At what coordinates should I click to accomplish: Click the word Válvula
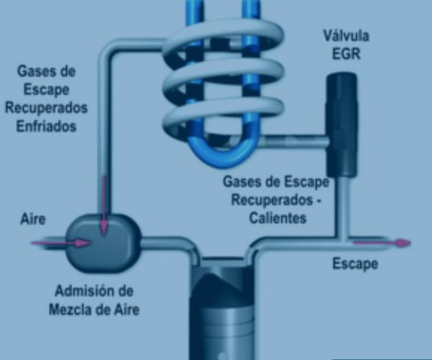point(346,36)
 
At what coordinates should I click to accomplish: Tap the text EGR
point(346,53)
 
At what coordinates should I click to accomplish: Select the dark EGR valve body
point(342,125)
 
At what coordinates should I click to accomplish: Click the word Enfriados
point(46,127)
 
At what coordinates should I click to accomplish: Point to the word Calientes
point(278,218)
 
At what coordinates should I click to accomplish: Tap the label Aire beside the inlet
point(33,219)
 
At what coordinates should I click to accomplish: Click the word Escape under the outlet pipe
point(356,264)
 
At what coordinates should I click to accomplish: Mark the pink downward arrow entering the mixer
point(104,205)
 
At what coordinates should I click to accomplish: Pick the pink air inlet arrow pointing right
point(60,243)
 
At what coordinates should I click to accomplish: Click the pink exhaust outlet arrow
point(382,243)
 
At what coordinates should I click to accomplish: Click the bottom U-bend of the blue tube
point(224,155)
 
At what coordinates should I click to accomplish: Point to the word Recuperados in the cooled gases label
point(46,108)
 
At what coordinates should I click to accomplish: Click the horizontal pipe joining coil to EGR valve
point(294,141)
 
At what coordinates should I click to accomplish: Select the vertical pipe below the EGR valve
point(341,207)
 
